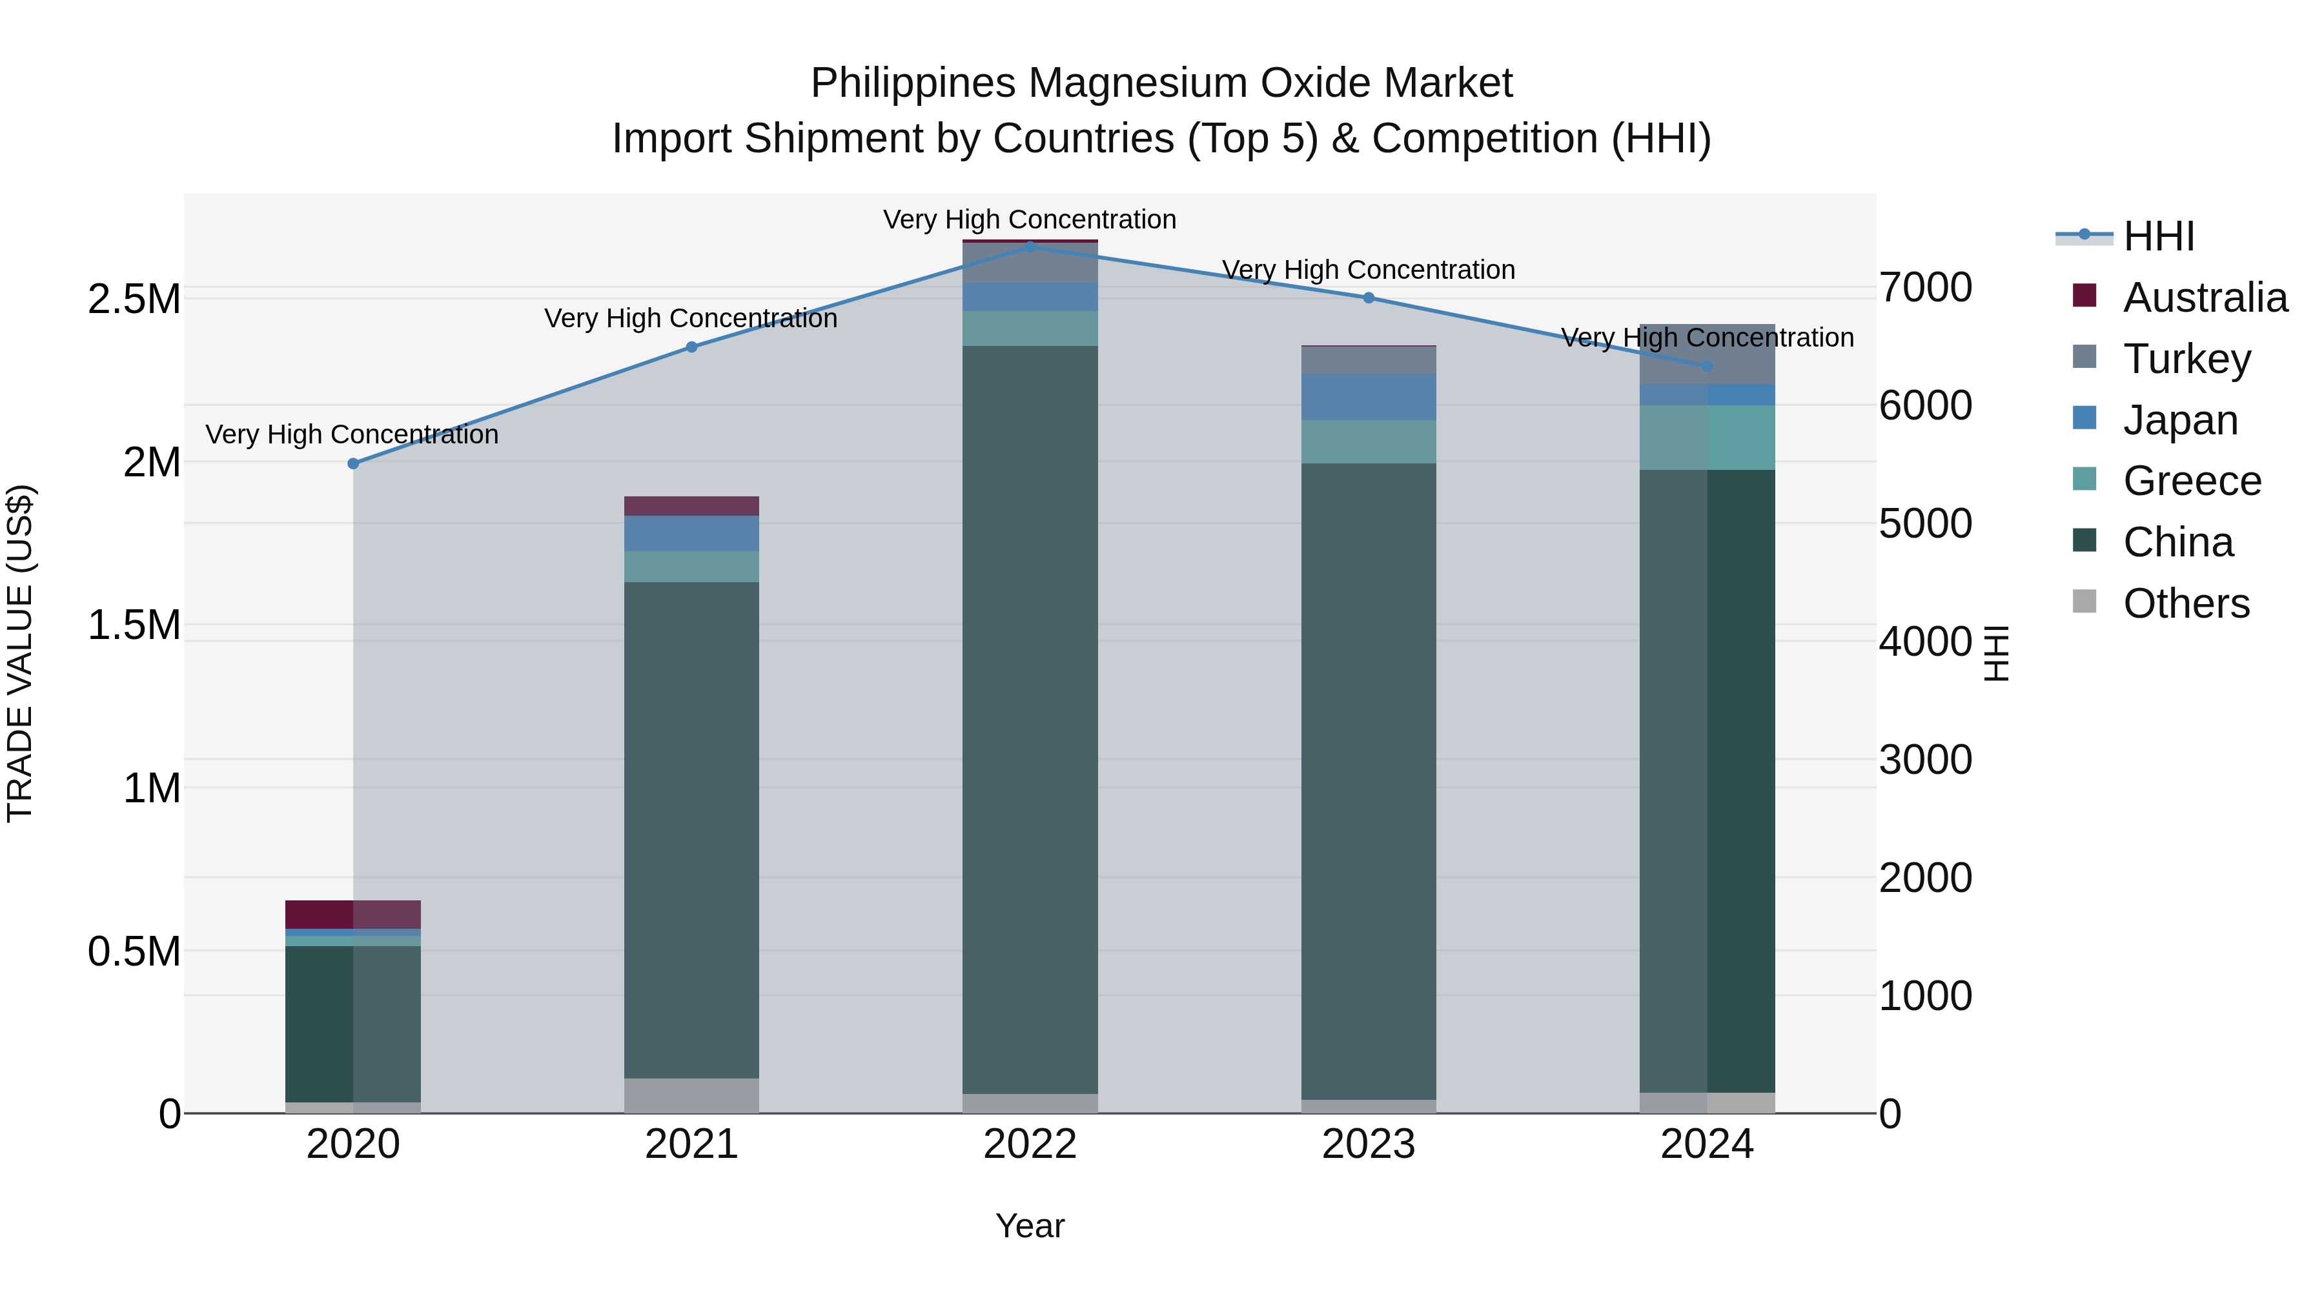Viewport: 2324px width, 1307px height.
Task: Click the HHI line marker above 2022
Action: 1030,247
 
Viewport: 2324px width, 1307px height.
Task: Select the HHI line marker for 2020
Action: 352,463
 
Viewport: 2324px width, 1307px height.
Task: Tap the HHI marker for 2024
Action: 1706,366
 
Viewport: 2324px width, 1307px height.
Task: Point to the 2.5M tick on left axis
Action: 134,299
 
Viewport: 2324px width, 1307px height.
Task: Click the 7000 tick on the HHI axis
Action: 1925,288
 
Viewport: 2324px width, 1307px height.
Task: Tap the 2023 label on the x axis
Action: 1368,1144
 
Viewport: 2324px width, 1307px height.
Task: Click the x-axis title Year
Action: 1030,1226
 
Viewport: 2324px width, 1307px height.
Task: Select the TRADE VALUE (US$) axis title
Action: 20,653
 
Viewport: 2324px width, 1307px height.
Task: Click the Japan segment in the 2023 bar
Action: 1368,397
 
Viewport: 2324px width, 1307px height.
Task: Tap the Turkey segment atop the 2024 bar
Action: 1706,354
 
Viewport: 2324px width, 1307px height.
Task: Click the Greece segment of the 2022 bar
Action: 1030,329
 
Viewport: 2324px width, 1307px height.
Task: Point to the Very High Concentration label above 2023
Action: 1368,270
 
